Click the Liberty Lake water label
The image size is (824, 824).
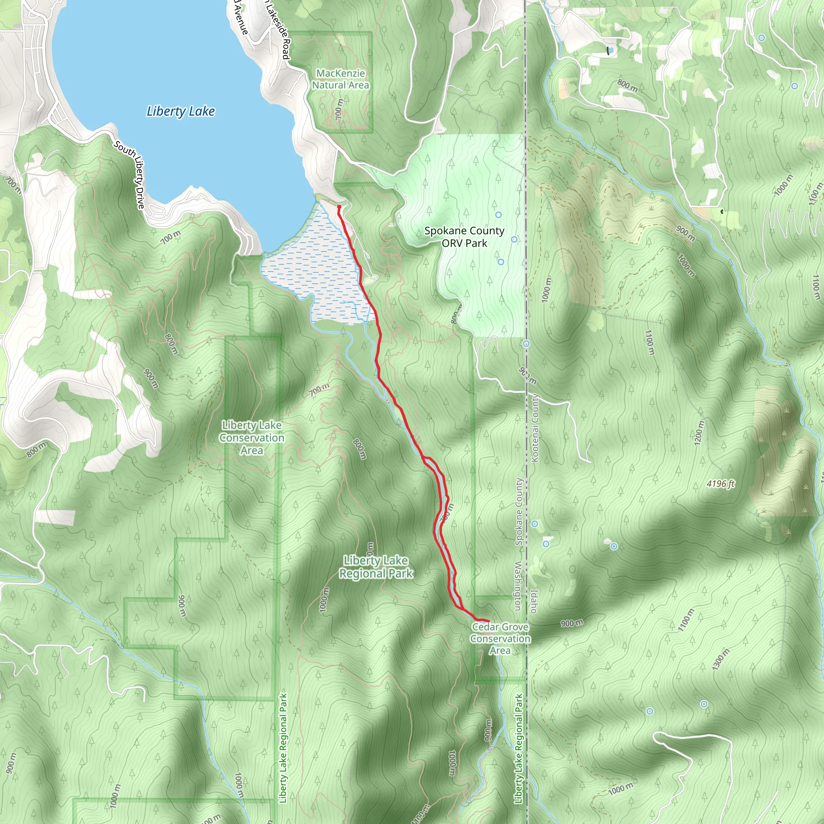180,111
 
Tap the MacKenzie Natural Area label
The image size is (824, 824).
340,79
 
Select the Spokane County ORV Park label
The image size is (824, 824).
464,237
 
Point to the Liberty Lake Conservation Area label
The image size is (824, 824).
251,438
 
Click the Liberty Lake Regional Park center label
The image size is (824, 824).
376,567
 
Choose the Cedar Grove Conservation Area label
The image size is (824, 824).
500,639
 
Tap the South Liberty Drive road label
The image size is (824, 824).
130,175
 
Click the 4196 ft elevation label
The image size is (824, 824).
720,484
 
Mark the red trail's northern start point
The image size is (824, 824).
339,207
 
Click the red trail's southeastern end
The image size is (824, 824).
488,620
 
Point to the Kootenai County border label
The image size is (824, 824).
535,428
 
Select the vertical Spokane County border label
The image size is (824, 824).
519,512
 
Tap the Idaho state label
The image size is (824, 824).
534,602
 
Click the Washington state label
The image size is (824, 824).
518,585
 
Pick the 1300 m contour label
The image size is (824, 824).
720,659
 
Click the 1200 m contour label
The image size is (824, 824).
699,433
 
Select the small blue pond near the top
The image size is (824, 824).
611,50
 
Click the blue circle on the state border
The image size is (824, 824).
527,343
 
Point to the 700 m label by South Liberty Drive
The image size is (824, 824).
171,237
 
